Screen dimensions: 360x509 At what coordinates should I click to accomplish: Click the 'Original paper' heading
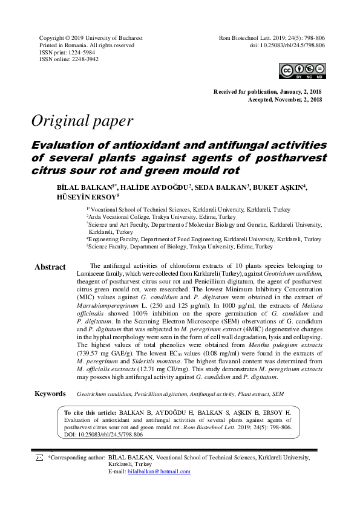(82, 121)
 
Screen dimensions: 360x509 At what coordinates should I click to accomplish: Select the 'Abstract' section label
(50, 267)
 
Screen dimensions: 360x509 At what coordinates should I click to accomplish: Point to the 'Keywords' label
(50, 394)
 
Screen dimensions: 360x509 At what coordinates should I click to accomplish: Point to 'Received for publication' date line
(267, 91)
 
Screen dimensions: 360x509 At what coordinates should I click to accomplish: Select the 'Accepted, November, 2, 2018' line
(284, 99)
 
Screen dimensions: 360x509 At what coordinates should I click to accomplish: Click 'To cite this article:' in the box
(90, 413)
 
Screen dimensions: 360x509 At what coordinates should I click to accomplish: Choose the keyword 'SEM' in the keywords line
(278, 394)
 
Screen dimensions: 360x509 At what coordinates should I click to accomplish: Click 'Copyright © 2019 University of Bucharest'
(91, 37)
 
